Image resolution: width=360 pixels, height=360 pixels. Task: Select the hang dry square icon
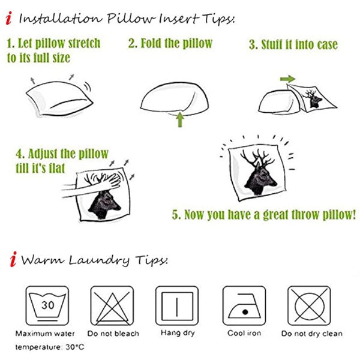pos(176,305)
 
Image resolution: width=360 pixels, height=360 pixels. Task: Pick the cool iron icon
pos(244,305)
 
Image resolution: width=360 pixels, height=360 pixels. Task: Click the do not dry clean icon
pos(308,305)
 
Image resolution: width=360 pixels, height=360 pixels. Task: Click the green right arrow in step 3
pos(287,79)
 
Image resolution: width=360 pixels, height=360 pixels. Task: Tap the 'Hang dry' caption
pos(176,333)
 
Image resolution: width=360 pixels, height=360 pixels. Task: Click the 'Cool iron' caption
pos(244,334)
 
